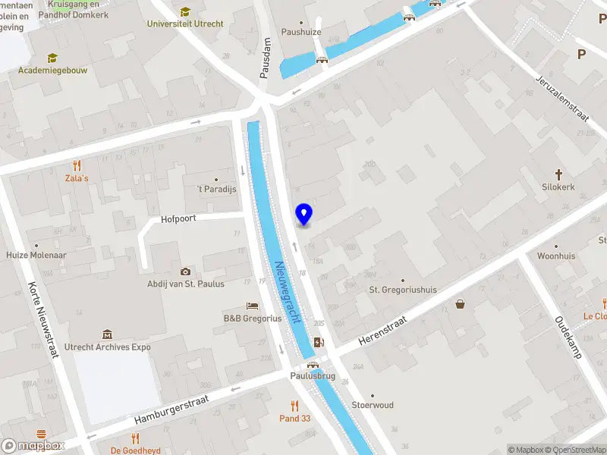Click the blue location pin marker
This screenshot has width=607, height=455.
tap(304, 214)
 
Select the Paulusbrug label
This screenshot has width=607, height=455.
tap(311, 375)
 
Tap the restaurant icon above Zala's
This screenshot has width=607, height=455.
tap(76, 165)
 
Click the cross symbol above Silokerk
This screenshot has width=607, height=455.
tap(558, 174)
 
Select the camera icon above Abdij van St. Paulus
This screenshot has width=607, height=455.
tap(185, 271)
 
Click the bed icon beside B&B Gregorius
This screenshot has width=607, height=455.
tap(253, 306)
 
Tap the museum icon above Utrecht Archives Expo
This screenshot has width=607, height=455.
tap(107, 334)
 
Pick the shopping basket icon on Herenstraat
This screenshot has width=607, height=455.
tap(460, 305)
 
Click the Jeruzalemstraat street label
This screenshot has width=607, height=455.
tap(562, 97)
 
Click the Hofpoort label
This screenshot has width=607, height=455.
tap(179, 219)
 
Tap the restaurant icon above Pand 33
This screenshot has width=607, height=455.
tap(294, 406)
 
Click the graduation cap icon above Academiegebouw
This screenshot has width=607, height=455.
tap(52, 58)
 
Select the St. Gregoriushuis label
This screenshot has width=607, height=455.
tap(403, 290)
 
